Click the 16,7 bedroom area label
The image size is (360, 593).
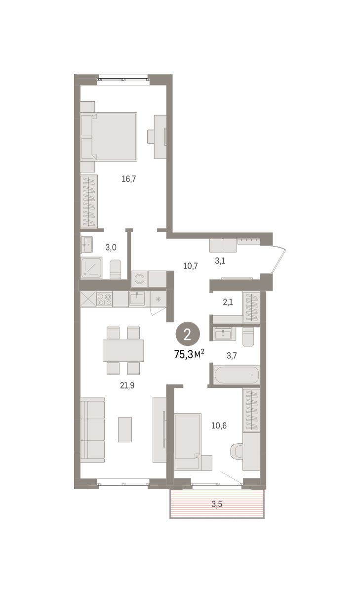coord(128,179)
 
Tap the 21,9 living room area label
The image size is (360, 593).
coord(127,385)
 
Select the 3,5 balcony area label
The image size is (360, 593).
coord(217,504)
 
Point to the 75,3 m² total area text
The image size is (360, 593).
coord(189,354)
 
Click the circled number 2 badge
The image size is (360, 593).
coord(188,335)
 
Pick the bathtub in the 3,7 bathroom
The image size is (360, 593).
coord(237,375)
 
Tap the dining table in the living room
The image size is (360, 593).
coord(123,350)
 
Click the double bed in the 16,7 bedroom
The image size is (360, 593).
coord(109,136)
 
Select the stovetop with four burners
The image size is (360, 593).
coord(104,299)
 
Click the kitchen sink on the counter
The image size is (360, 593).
coord(137,299)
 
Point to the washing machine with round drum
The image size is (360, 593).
coord(139,279)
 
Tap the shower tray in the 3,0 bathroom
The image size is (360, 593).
coord(91,268)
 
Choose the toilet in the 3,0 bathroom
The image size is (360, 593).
coord(116,269)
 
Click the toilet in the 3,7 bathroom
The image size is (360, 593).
coord(248,337)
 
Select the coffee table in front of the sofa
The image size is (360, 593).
coord(125,429)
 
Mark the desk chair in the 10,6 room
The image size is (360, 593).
coord(237,452)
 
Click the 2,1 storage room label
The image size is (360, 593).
coord(228,302)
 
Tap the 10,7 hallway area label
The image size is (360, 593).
coord(191,266)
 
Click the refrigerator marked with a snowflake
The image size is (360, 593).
coord(158,299)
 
